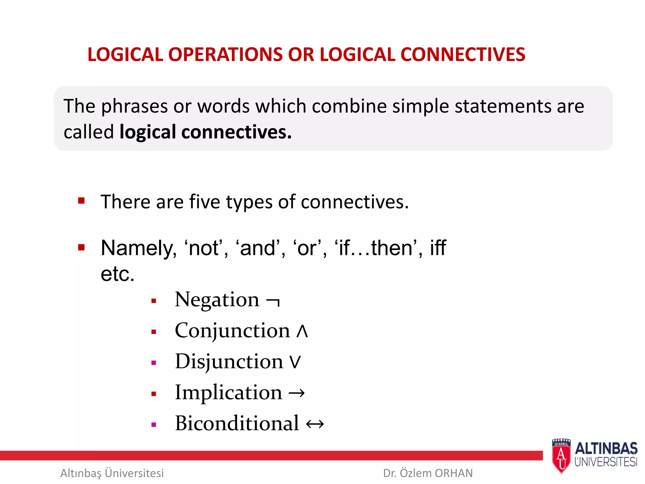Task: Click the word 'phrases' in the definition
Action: point(134,106)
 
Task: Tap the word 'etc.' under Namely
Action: point(117,274)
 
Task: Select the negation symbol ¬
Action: point(273,301)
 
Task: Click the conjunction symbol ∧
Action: point(302,331)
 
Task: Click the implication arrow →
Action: point(297,393)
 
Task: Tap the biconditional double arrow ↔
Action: point(315,424)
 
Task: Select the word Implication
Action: point(229,392)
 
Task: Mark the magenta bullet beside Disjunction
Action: point(154,363)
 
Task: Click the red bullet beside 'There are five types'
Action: point(82,201)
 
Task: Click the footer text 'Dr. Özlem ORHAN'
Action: point(428,473)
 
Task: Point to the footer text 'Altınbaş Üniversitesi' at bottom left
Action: point(112,473)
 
